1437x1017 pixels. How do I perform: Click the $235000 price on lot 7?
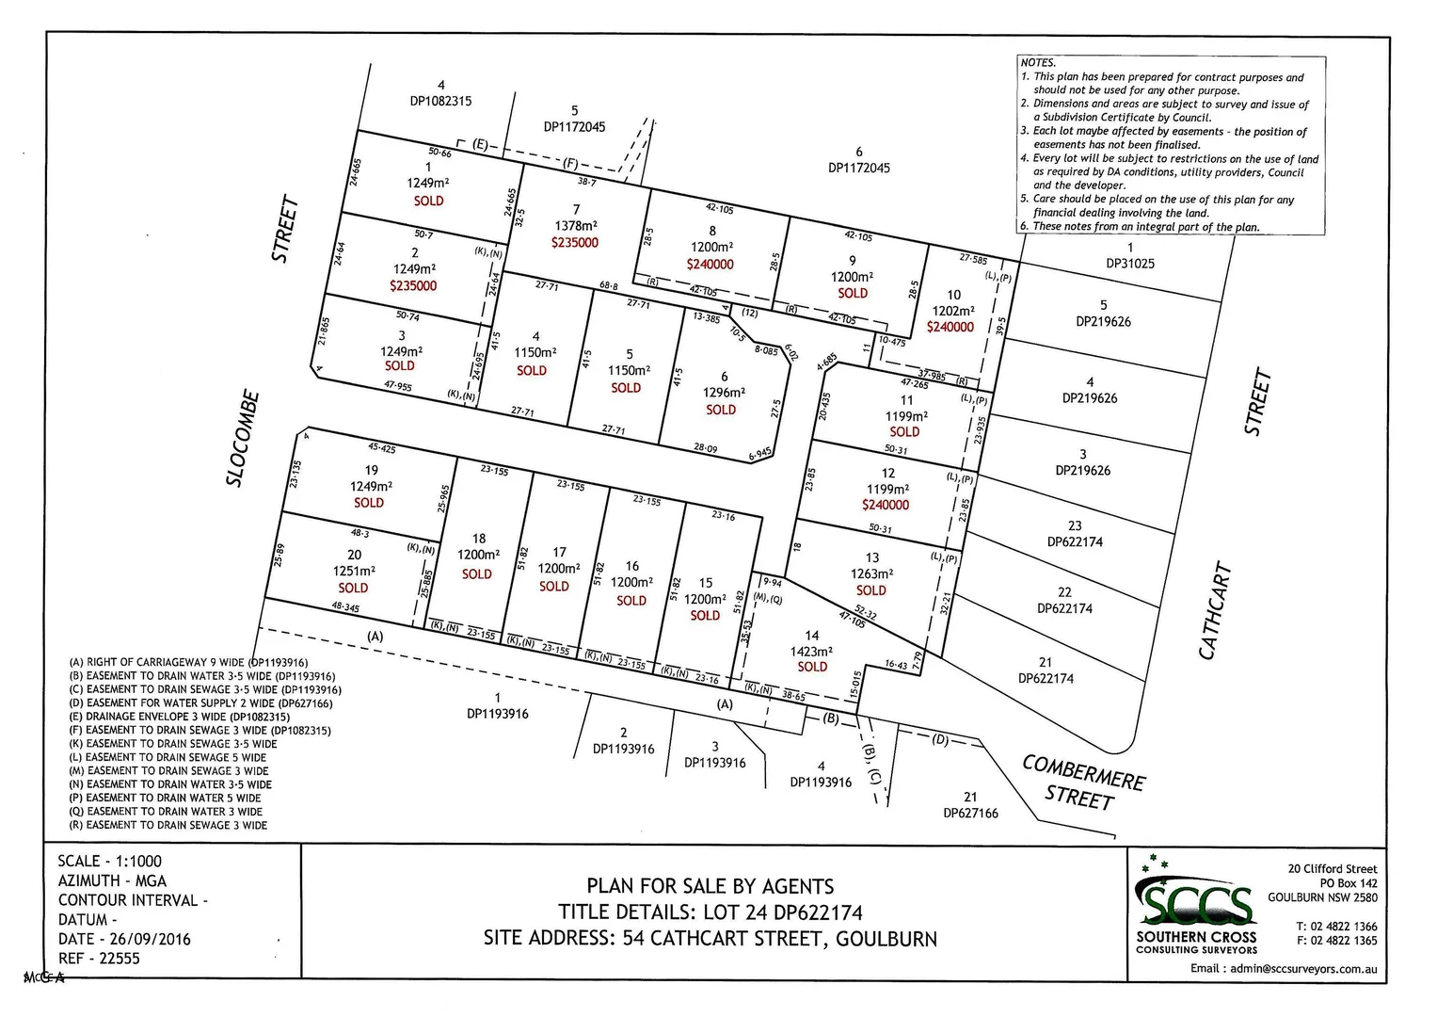tap(574, 243)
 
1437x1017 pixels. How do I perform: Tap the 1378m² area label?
tap(575, 226)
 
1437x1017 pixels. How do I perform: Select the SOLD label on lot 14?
tap(812, 667)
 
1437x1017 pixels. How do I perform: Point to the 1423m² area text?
tap(811, 652)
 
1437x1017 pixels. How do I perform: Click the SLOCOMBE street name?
tap(243, 438)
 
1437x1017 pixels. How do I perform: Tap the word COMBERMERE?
tap(1083, 773)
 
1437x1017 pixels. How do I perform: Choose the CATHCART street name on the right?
tap(1216, 611)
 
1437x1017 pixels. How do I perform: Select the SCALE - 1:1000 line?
tap(109, 861)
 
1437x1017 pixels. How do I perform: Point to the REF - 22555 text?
tap(99, 959)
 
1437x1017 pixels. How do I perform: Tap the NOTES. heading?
tap(1038, 63)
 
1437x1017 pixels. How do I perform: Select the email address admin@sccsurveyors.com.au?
tap(1284, 968)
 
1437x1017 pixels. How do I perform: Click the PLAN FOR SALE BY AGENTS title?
tap(710, 886)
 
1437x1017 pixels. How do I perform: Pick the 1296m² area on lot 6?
tap(724, 393)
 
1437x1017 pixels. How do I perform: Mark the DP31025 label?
tap(1129, 264)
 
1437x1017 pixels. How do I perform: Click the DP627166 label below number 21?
tap(970, 813)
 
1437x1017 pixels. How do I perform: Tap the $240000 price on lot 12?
tap(886, 505)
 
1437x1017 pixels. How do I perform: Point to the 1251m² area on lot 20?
tap(354, 571)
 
